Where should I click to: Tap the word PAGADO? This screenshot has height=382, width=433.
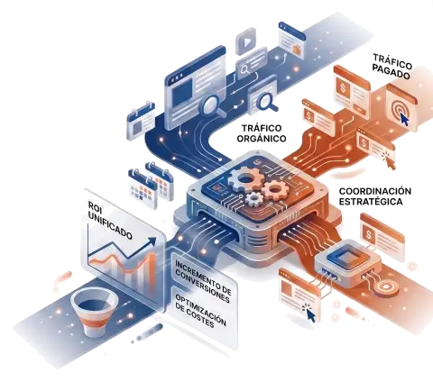392,71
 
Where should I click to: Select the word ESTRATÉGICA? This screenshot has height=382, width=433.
371,201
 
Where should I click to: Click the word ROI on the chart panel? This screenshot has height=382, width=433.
95,207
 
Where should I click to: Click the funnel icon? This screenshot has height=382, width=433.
95,311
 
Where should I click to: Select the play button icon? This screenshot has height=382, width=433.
246,42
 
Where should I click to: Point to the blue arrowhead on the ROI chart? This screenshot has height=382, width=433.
152,241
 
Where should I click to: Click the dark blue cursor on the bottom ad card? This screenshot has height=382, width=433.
311,315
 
